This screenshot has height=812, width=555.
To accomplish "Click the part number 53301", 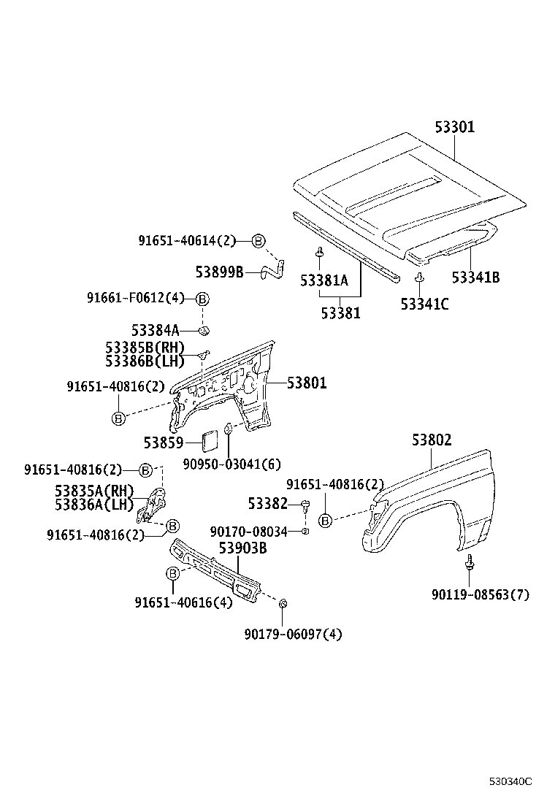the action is tap(454, 127).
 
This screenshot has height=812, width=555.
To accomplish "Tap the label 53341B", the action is tap(476, 277).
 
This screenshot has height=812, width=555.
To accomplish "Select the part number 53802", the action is tap(432, 440).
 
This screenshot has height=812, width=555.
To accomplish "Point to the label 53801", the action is tap(307, 383).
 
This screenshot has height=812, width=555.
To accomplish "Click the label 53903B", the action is tap(242, 548).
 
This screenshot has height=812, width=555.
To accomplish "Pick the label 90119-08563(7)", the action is tap(481, 594).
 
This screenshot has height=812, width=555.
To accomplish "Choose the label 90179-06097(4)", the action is tap(293, 635).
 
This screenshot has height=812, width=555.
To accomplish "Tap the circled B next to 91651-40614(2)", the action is tap(259, 241).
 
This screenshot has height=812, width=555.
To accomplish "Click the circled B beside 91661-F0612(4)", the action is tap(203, 299).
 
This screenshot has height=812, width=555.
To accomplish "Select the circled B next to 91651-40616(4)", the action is tap(172, 573).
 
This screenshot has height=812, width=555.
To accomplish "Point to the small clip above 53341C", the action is tap(419, 277).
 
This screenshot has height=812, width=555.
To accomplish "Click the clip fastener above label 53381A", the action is tap(319, 253).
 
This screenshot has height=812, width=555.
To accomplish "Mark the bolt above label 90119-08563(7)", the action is tap(469, 562).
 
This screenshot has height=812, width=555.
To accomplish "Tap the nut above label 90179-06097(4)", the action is tap(283, 603).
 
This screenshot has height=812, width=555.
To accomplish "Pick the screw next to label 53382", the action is tap(305, 505).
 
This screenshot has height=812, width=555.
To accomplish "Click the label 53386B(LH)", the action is tap(145, 361).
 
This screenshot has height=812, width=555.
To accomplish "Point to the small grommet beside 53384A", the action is tap(204, 330).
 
